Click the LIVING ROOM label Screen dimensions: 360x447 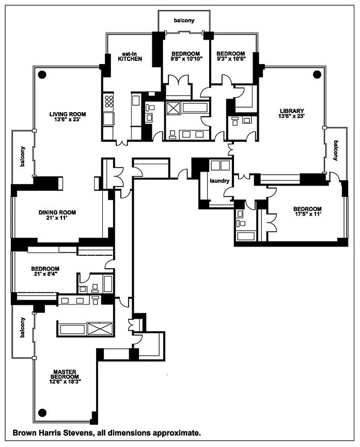[68, 117]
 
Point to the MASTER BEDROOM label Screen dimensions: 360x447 [65, 377]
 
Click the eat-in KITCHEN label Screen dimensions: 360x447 [130, 56]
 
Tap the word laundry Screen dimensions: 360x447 [220, 181]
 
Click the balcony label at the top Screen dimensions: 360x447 [184, 21]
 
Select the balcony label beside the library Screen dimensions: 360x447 [336, 150]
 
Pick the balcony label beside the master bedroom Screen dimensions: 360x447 [23, 328]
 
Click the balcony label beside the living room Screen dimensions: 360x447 [23, 157]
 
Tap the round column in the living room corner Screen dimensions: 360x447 [42, 75]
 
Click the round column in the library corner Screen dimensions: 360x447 [317, 75]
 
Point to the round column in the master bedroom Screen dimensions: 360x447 [42, 412]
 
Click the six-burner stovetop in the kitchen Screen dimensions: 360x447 [108, 101]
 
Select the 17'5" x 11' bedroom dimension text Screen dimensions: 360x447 [307, 214]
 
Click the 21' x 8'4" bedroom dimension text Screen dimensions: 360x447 [45, 274]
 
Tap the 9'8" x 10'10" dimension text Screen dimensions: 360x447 [185, 59]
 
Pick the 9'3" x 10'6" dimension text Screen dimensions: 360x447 [231, 59]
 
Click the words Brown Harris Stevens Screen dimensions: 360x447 [53, 433]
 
